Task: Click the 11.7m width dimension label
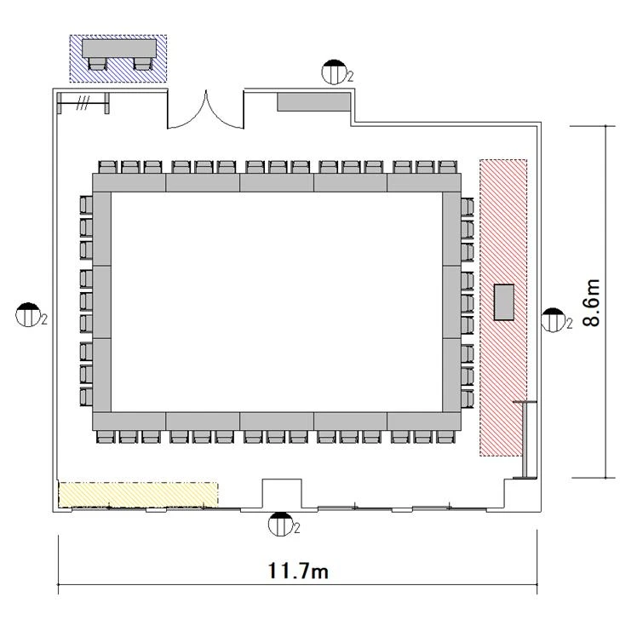pyautogui.click(x=298, y=571)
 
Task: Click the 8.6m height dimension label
pyautogui.click(x=592, y=302)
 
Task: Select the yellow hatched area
pyautogui.click(x=139, y=495)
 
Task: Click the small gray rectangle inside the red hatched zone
pyautogui.click(x=504, y=302)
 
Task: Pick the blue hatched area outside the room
pyautogui.click(x=118, y=59)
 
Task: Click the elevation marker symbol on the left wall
pyautogui.click(x=28, y=315)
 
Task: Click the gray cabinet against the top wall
pyautogui.click(x=313, y=101)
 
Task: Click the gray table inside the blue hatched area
pyautogui.click(x=119, y=49)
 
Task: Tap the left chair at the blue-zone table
pyautogui.click(x=97, y=64)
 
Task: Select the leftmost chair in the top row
pyautogui.click(x=107, y=168)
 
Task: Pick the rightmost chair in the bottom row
pyautogui.click(x=445, y=437)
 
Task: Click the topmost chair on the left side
pyautogui.click(x=86, y=204)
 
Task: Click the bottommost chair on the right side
pyautogui.click(x=468, y=398)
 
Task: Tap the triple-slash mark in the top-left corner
pyautogui.click(x=83, y=103)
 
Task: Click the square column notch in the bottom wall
pyautogui.click(x=282, y=493)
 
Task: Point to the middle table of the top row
pyautogui.click(x=277, y=182)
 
